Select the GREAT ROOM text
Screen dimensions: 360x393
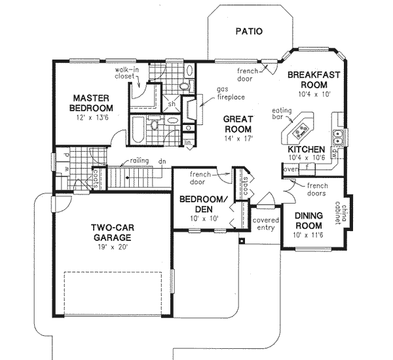238,124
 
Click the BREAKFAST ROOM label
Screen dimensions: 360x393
313,80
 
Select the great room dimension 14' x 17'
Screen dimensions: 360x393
238,138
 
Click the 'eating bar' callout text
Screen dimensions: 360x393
282,114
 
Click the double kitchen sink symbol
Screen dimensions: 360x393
339,137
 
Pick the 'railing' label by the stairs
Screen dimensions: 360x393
138,160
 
